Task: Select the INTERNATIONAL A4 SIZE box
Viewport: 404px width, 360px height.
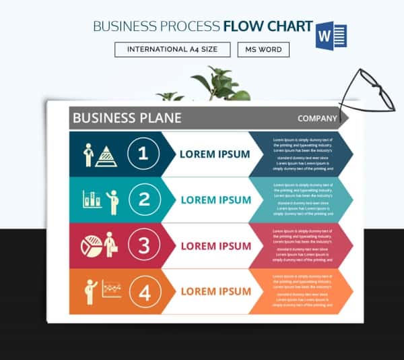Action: coord(172,50)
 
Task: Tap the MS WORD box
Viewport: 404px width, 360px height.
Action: coord(263,50)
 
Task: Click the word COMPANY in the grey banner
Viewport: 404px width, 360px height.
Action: coord(317,119)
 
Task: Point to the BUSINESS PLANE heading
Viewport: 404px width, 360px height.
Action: coord(127,118)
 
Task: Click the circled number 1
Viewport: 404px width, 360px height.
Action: coord(143,154)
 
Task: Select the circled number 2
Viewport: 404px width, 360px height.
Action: coord(143,200)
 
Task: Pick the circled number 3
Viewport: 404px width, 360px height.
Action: coord(143,245)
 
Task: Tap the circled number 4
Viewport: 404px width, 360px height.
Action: coord(143,291)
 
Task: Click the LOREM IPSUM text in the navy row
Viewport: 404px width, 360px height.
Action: coord(214,154)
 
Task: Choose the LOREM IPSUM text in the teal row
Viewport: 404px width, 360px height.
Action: coord(215,200)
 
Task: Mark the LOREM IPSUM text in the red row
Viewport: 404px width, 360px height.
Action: coord(215,246)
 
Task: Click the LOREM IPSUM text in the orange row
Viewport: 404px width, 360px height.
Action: coord(215,292)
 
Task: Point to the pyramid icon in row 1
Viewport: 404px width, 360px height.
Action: coord(106,156)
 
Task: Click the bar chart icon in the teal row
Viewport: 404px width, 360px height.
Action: coord(92,200)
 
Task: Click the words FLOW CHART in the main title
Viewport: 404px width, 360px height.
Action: coord(267,27)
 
